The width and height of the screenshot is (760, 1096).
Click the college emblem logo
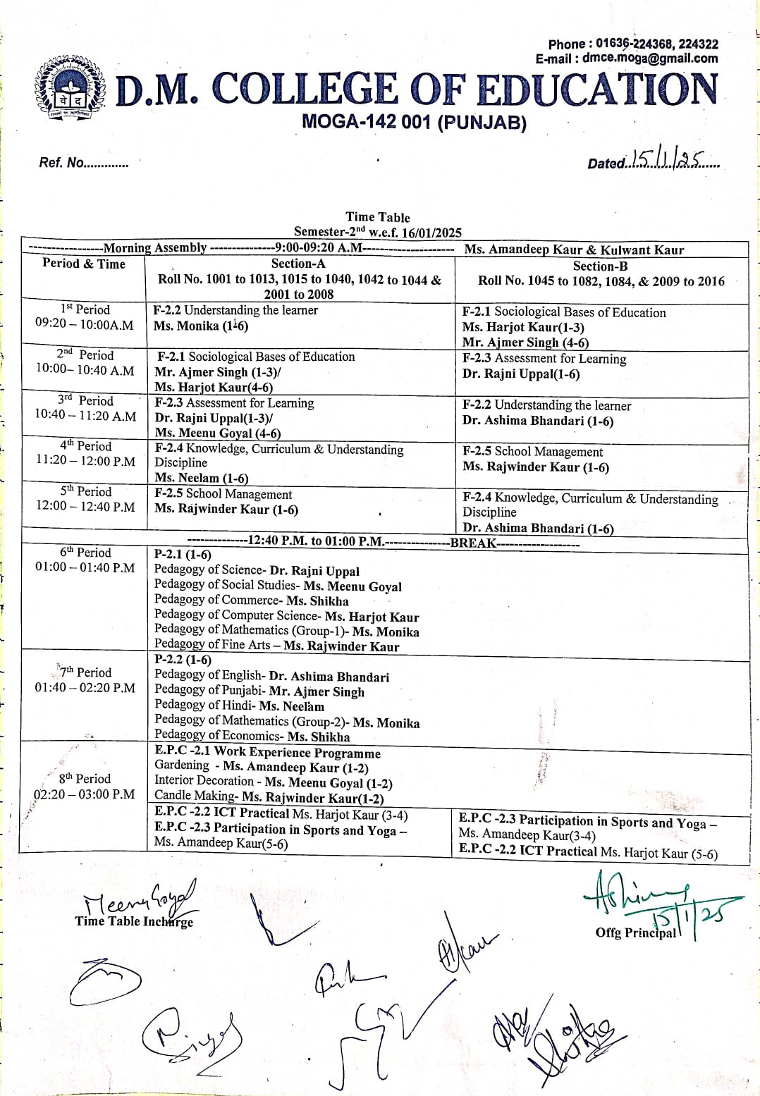(x=69, y=91)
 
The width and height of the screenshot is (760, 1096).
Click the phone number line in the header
(x=633, y=44)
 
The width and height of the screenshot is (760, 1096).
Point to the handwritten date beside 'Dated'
(x=666, y=161)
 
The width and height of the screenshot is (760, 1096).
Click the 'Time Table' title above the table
(x=377, y=217)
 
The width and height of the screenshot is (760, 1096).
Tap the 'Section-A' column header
(x=298, y=264)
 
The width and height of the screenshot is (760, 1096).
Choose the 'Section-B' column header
(x=600, y=266)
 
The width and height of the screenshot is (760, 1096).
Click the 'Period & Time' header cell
(x=83, y=264)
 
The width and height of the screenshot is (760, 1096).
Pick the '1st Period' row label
(x=85, y=309)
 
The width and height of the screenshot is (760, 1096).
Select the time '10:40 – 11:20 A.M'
(x=85, y=415)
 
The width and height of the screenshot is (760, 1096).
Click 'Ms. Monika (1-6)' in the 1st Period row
(x=201, y=326)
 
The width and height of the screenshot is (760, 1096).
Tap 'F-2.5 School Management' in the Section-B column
(x=532, y=452)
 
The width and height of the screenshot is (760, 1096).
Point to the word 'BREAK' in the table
(x=473, y=543)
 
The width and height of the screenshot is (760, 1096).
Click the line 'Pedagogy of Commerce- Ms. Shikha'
(x=251, y=601)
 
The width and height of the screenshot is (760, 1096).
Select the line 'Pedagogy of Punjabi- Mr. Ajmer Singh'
(x=259, y=691)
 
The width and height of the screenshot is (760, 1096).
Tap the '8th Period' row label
(x=85, y=778)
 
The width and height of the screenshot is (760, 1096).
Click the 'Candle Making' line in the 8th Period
(x=269, y=798)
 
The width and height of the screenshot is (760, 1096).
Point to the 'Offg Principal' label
(x=635, y=932)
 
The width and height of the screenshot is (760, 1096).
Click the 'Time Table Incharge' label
(x=134, y=921)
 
